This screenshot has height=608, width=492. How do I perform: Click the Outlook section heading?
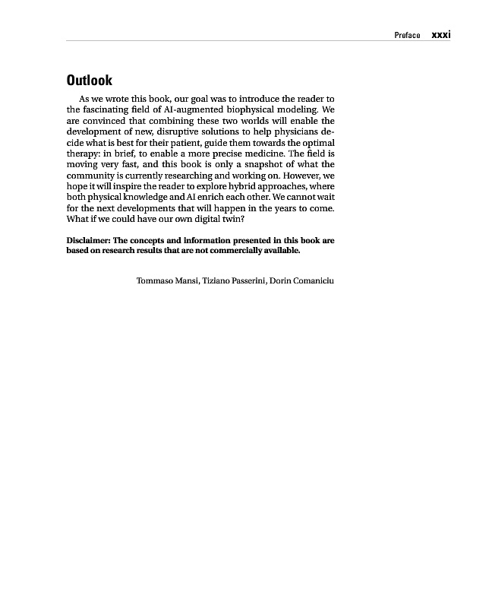(x=89, y=81)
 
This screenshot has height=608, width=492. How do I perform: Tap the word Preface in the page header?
(x=407, y=35)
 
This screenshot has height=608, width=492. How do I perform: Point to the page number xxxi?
(x=441, y=34)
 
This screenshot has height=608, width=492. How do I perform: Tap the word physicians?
(x=292, y=131)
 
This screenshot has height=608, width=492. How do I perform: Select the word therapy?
(x=84, y=154)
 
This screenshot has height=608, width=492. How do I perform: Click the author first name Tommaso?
(x=155, y=281)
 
